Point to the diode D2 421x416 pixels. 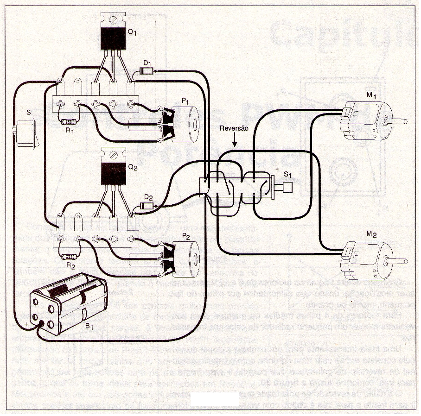[x=148, y=205]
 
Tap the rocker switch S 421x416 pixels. [x=28, y=133]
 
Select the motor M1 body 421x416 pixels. [x=366, y=120]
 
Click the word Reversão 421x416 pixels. [x=235, y=128]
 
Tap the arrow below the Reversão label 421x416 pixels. [x=235, y=140]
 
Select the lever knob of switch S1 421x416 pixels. [x=287, y=188]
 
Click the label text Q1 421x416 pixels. [x=133, y=33]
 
